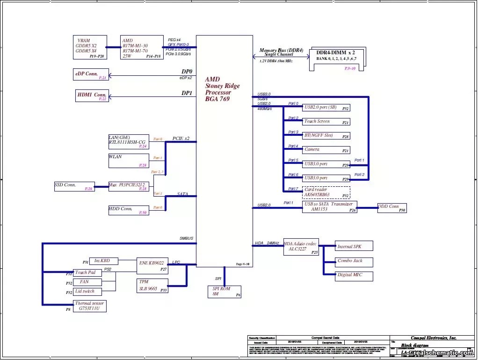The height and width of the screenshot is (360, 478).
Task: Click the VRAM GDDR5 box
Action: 90,47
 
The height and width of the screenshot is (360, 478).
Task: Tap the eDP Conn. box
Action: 91,74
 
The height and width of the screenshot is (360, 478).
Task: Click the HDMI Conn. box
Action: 92,96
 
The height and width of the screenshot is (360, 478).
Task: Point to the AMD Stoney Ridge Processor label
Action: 222,89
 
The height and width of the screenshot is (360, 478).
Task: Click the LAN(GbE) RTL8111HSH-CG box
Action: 129,141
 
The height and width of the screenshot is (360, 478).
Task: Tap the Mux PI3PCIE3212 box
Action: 129,186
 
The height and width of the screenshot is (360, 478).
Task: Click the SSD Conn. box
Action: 74,186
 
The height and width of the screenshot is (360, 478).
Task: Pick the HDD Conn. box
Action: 129,210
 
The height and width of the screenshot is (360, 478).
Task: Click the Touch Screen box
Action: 326,122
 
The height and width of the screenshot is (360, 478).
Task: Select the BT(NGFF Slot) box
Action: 326,136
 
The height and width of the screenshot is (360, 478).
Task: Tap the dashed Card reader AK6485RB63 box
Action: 326,192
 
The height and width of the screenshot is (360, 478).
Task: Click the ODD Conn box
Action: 391,208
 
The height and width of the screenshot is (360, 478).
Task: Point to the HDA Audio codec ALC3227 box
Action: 301,247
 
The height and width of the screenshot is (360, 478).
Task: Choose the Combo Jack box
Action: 354,261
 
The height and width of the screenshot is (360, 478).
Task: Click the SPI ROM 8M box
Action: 225,292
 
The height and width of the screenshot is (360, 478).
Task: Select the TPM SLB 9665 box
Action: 152,286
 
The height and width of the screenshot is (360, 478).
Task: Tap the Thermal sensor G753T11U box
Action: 90,306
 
